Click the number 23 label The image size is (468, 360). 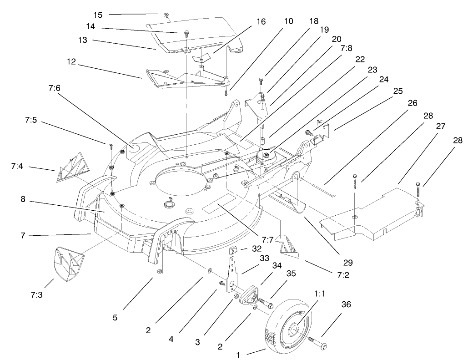click(x=372, y=71)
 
